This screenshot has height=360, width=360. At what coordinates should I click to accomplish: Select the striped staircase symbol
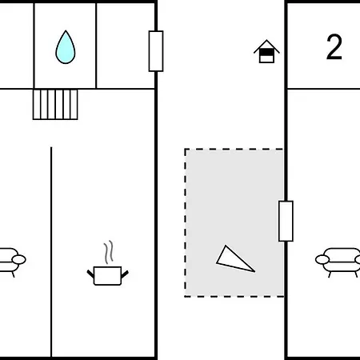[x=55, y=105]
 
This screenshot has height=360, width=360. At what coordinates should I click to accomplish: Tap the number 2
[x=334, y=47]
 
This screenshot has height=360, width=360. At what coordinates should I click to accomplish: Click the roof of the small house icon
[x=266, y=46]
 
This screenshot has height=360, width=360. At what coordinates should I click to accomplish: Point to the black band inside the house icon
[x=266, y=53]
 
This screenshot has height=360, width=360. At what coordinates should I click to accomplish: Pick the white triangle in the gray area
[x=234, y=260]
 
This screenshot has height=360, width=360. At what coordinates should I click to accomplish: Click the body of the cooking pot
[x=107, y=276]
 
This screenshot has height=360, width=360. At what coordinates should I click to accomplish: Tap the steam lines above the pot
[x=108, y=252]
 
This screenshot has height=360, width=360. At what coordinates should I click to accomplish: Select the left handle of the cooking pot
[x=90, y=274]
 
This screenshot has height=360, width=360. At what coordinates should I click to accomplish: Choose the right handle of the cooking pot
[x=125, y=274]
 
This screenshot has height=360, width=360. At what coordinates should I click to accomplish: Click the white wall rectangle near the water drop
[x=156, y=51]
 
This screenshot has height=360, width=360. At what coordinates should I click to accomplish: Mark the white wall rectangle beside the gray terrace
[x=286, y=221]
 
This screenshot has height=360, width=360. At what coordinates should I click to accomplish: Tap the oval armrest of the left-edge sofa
[x=19, y=259]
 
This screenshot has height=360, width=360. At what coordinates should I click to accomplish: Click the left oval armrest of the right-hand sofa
[x=322, y=259]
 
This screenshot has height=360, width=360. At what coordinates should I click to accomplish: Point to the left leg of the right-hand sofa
[x=330, y=274]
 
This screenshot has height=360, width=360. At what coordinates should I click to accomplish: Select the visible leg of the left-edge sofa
[x=13, y=274]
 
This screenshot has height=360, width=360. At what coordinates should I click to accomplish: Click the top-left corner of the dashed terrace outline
[x=186, y=150]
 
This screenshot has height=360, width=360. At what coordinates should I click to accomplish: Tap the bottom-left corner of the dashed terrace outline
[x=186, y=296]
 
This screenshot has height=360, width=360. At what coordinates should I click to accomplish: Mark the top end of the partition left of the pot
[x=51, y=147]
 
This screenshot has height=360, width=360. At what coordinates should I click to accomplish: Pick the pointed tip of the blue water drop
[x=66, y=30]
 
